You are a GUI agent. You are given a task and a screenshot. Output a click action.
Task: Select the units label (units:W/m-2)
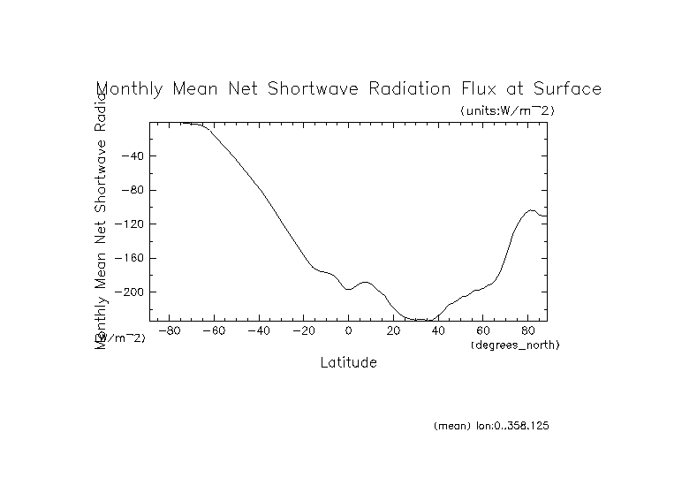pos(507,111)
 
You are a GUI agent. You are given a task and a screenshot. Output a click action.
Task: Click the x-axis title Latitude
pos(348,363)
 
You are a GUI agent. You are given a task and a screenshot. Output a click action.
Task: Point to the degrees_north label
pos(515,344)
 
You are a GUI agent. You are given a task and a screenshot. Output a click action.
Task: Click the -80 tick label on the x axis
pos(170,330)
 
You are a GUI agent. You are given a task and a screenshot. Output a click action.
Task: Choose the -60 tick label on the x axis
pos(214,330)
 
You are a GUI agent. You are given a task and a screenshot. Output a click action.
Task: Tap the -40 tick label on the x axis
pos(259,330)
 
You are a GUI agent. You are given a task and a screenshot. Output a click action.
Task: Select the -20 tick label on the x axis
pos(303,330)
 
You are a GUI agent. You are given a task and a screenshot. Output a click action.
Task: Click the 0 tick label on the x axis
pos(348,330)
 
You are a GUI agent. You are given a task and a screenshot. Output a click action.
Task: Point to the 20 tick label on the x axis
pos(393,330)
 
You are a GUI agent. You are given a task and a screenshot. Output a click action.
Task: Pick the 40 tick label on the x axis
pos(438,330)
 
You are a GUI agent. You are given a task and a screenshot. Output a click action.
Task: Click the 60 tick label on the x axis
pos(482,330)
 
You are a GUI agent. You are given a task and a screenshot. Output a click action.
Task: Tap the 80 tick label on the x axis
pos(527,330)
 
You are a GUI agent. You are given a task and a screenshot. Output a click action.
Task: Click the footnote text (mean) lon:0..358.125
pos(492,426)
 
